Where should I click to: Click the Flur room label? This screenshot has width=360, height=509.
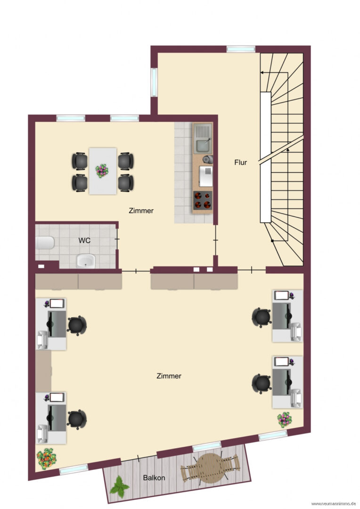pyautogui.click(x=240, y=162)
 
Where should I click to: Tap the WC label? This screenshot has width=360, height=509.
pyautogui.click(x=84, y=240)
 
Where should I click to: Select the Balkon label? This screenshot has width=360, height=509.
pyautogui.click(x=154, y=478)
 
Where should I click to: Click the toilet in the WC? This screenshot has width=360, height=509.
pyautogui.click(x=45, y=243)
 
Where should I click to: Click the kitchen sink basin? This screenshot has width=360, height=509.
pyautogui.click(x=203, y=146)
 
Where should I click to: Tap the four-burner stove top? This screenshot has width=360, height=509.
pyautogui.click(x=203, y=200)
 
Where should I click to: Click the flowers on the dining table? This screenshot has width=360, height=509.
pyautogui.click(x=102, y=171)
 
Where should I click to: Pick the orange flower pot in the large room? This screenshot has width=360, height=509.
pyautogui.click(x=47, y=458)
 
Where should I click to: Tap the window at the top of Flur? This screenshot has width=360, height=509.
pyautogui.click(x=241, y=49)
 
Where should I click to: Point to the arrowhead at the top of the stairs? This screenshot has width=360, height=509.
pyautogui.click(x=262, y=73)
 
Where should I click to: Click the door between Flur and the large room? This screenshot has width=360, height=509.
pyautogui.click(x=252, y=270)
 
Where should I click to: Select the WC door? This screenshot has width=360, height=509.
pyautogui.click(x=117, y=239)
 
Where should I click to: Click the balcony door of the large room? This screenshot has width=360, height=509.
pyautogui.click(x=139, y=458)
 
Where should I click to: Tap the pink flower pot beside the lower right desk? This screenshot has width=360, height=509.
pyautogui.click(x=285, y=420)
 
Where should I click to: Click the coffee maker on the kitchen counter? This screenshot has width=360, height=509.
pyautogui.click(x=207, y=159)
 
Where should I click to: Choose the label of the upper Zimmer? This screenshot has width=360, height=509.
pyautogui.click(x=141, y=211)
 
